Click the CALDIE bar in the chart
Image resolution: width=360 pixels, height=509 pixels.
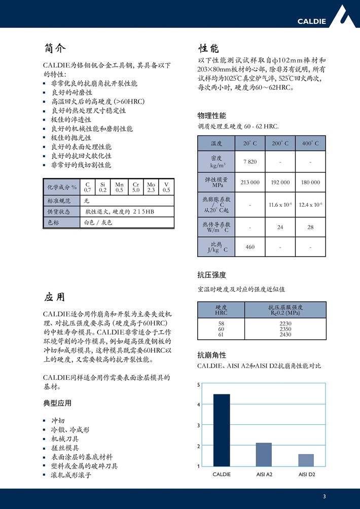221,430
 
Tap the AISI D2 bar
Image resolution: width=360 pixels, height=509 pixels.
306,460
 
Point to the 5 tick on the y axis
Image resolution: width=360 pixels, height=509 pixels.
199,386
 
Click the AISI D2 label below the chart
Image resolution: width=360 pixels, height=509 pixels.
306,474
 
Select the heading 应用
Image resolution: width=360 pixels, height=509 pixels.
55,297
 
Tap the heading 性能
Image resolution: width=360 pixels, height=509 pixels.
208,49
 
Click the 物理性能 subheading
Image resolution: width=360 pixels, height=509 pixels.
211,116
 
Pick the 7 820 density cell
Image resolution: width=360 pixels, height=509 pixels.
250,162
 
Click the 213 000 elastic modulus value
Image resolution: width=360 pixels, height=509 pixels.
250,182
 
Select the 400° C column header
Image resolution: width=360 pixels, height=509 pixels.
310,144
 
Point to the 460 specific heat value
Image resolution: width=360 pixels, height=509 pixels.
250,247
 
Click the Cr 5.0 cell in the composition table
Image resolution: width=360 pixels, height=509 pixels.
136,187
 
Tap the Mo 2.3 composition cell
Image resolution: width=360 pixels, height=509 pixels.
151,187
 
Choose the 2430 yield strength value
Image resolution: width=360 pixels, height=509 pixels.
285,335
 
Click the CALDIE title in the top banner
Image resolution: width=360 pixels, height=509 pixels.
311,21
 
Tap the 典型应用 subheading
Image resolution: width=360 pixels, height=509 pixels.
57,404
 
